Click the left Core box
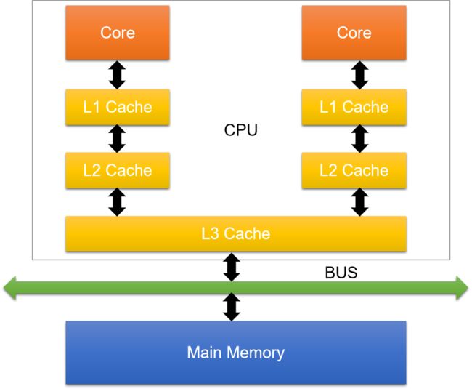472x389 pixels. (x=118, y=33)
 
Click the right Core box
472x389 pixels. (x=354, y=33)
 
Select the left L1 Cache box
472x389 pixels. (x=118, y=107)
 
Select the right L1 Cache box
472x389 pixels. (x=354, y=107)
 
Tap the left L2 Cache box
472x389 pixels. (x=118, y=170)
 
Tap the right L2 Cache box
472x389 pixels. (x=354, y=170)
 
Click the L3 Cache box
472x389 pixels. (x=235, y=233)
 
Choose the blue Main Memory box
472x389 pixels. (x=235, y=353)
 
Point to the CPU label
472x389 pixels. (x=241, y=131)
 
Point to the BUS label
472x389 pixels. (x=341, y=274)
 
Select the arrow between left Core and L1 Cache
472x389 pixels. (x=118, y=74)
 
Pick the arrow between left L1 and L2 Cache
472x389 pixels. (x=118, y=138)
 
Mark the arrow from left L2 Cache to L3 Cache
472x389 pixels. (x=118, y=201)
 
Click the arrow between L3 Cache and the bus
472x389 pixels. (x=232, y=267)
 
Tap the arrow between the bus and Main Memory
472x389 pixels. (x=232, y=307)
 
